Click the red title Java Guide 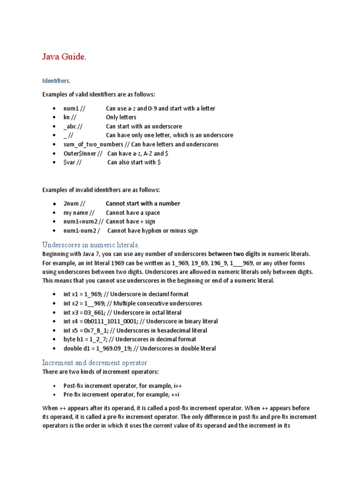(x=64, y=57)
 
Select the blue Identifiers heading (x=56, y=81)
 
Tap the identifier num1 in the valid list (x=71, y=108)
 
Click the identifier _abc (x=71, y=127)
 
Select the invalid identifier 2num (x=72, y=203)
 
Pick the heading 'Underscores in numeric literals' (x=91, y=245)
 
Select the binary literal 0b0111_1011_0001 (x=111, y=321)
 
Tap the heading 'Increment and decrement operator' (x=95, y=363)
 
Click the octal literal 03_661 (x=95, y=312)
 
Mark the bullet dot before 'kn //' (x=54, y=118)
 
